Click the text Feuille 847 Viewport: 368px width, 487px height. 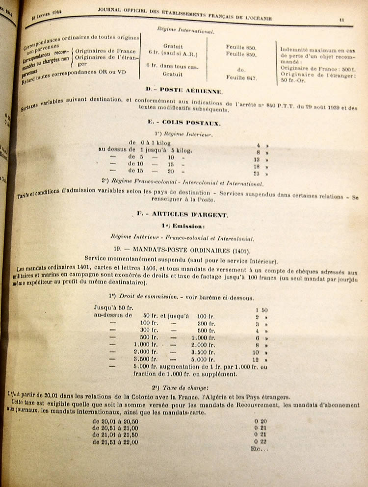tap(242, 77)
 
